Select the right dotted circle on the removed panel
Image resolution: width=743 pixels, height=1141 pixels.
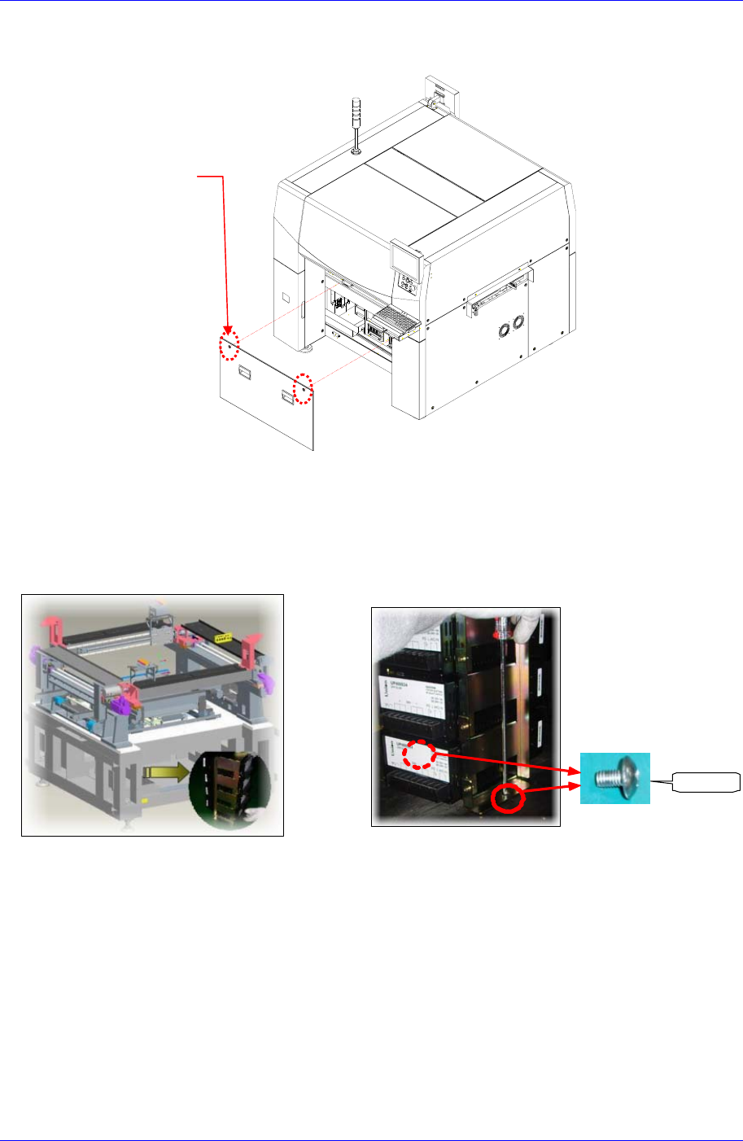click(x=304, y=388)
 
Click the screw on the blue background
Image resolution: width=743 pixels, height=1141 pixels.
click(x=614, y=778)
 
